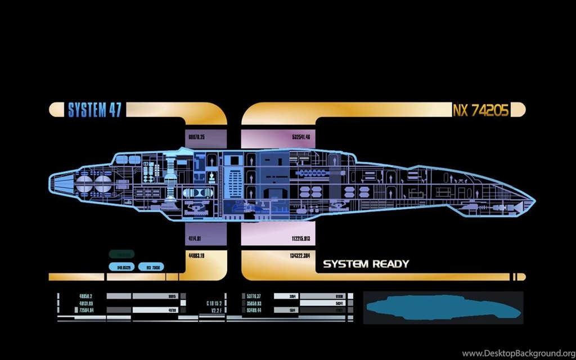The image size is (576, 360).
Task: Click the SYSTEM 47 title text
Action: (x=94, y=110)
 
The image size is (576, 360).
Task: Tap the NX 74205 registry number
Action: (x=480, y=110)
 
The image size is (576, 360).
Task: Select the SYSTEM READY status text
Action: (x=366, y=264)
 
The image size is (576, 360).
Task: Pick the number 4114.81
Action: (x=195, y=238)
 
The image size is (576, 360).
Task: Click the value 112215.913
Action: (x=301, y=238)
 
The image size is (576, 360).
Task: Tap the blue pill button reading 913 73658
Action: (x=152, y=267)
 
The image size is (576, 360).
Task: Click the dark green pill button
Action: (x=121, y=254)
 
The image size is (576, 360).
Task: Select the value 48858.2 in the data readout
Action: (x=85, y=296)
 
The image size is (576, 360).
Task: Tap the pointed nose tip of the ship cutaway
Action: (x=533, y=200)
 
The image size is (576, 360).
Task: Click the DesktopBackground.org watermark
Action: (x=517, y=353)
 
